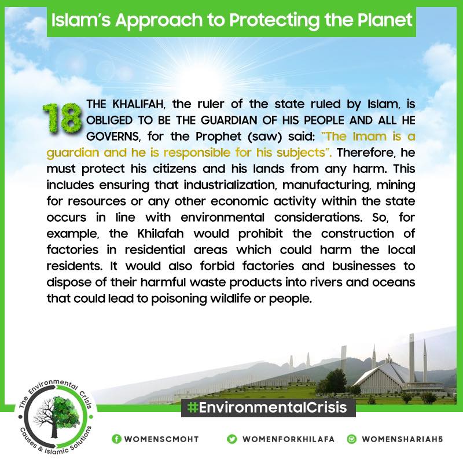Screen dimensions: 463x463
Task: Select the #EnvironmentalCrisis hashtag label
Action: pos(267,408)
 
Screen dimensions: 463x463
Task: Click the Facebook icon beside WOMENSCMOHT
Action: pos(117,439)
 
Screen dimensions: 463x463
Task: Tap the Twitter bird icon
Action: pos(232,439)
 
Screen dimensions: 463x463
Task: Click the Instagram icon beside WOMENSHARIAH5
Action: pos(352,439)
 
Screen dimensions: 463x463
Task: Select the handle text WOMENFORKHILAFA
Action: pos(288,439)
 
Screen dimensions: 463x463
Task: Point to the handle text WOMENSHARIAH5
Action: pos(402,439)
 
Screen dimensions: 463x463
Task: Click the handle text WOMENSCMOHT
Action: pos(161,439)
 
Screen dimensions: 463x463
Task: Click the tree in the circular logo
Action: pos(53,416)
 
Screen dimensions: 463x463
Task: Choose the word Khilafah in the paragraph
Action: pos(160,234)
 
